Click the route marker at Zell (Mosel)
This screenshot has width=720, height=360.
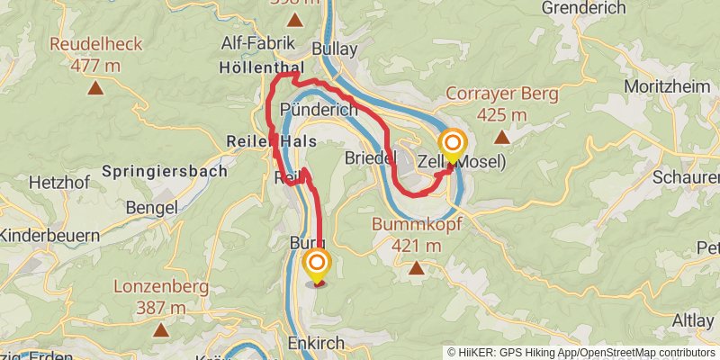(x=452, y=145)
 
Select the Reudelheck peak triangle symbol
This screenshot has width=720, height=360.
(x=95, y=88)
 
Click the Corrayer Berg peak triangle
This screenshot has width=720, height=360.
(x=501, y=138)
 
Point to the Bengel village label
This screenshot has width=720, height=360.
(x=153, y=208)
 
